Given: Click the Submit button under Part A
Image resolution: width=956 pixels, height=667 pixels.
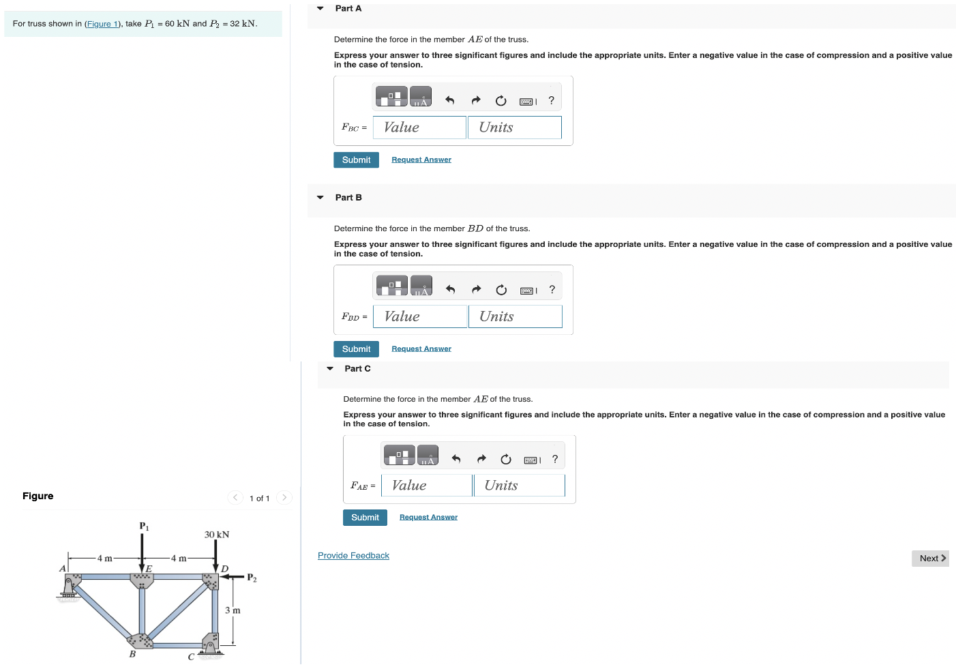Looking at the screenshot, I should pyautogui.click(x=356, y=160).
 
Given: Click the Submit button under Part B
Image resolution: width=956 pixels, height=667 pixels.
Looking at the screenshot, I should pyautogui.click(x=356, y=349).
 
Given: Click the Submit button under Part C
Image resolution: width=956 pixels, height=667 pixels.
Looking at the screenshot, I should pyautogui.click(x=365, y=518).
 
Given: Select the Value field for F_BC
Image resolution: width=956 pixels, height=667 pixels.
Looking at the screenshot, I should pyautogui.click(x=419, y=128).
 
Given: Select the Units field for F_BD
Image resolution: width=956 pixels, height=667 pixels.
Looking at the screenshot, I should pyautogui.click(x=515, y=316).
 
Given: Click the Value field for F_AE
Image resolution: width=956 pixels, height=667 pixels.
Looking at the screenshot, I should pyautogui.click(x=427, y=486).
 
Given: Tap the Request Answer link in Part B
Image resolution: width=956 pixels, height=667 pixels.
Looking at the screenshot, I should pyautogui.click(x=421, y=349).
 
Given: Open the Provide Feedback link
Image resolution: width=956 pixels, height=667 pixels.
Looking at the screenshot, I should pyautogui.click(x=353, y=556).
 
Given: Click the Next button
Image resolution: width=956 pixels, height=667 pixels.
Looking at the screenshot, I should pyautogui.click(x=930, y=558).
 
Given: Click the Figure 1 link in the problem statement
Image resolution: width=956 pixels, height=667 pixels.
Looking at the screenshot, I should pyautogui.click(x=102, y=24).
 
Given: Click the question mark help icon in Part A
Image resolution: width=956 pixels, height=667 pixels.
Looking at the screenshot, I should pyautogui.click(x=552, y=100).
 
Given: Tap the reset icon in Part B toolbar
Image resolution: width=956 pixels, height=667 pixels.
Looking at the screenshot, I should pyautogui.click(x=501, y=290).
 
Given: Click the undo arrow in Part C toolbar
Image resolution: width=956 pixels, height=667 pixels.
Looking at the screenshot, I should pyautogui.click(x=456, y=459).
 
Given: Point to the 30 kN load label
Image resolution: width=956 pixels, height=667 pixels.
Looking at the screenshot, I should pyautogui.click(x=217, y=535).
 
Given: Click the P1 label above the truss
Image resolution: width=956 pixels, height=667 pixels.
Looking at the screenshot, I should pyautogui.click(x=144, y=526).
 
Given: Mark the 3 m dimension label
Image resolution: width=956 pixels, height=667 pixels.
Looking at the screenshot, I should pyautogui.click(x=233, y=610).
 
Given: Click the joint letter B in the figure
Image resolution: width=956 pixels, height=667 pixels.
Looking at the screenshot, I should pyautogui.click(x=132, y=654).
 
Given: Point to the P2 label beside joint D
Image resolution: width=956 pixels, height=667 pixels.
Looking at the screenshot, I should pyautogui.click(x=252, y=578).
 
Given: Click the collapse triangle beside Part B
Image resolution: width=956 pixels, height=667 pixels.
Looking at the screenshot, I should pyautogui.click(x=320, y=197).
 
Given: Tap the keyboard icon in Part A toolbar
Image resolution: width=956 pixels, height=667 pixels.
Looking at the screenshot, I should pyautogui.click(x=527, y=101).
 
